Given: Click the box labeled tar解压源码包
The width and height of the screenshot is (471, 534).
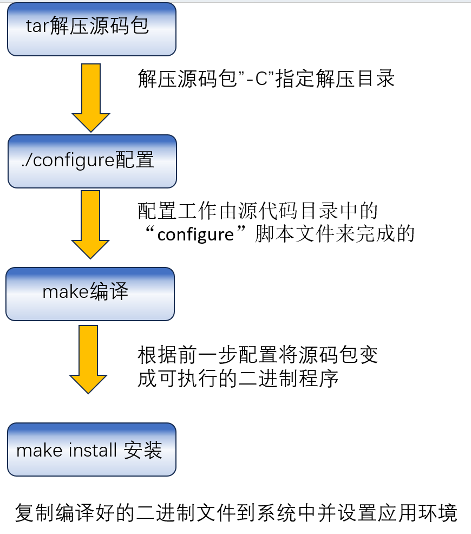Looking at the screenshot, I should (x=91, y=29).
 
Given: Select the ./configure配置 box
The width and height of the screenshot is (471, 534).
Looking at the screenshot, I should (x=92, y=161).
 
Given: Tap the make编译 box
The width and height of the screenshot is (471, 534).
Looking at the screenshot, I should (x=90, y=293).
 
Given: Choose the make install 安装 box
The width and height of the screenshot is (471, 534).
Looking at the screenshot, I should (x=91, y=449).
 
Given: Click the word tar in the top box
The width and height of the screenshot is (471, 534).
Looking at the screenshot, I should (x=38, y=27).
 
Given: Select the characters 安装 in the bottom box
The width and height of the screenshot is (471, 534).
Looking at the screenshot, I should (x=143, y=450).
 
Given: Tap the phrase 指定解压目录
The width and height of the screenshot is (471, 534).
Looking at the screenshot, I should (x=335, y=79).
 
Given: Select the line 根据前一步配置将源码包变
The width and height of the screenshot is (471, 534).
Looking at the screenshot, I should (x=258, y=355).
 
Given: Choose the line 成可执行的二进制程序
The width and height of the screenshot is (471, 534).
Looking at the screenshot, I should (x=238, y=378).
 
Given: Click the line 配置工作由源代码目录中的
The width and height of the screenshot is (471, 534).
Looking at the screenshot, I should (x=258, y=210).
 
